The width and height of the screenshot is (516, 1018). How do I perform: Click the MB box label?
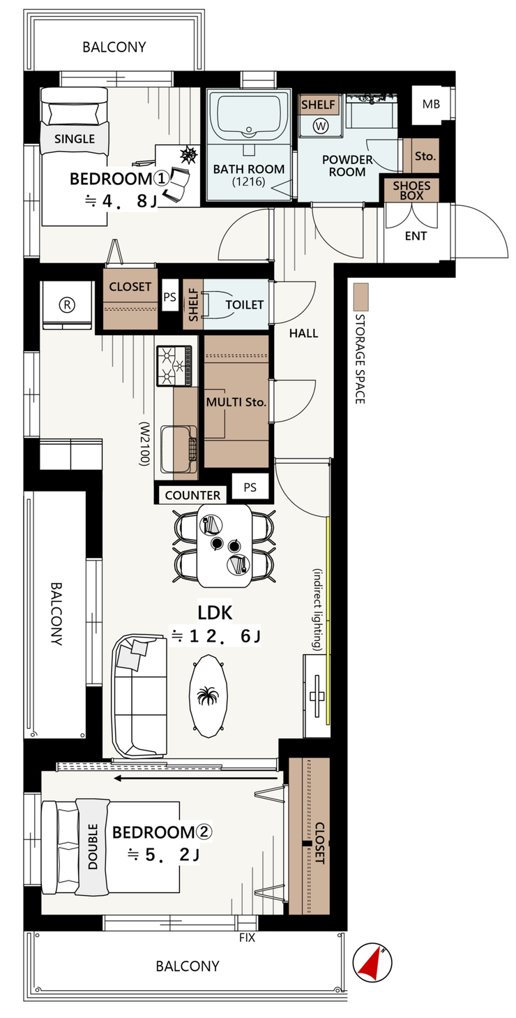[x=431, y=105]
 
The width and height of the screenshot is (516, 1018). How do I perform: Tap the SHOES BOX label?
[x=411, y=191]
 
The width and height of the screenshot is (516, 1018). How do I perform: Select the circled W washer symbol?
[x=321, y=126]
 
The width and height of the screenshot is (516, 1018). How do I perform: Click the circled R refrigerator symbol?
[x=67, y=305]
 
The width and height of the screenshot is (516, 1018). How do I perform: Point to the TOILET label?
[x=245, y=304]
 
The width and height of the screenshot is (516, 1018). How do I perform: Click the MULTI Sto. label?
[x=236, y=402]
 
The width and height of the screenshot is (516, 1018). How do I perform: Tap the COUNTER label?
[x=192, y=495]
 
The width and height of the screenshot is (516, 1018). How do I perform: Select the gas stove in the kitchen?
[x=175, y=364]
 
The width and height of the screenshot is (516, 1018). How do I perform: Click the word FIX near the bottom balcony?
[x=248, y=938]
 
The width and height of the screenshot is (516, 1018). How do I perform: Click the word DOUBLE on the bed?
[x=93, y=847]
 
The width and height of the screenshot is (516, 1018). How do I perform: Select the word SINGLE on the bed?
[x=75, y=139]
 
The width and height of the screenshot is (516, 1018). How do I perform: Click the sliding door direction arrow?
[x=196, y=778]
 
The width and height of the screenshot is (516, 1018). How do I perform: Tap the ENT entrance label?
[x=416, y=235]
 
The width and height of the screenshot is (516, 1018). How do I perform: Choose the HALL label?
[x=303, y=333]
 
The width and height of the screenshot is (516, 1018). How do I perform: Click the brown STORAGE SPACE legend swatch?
[x=361, y=297]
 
